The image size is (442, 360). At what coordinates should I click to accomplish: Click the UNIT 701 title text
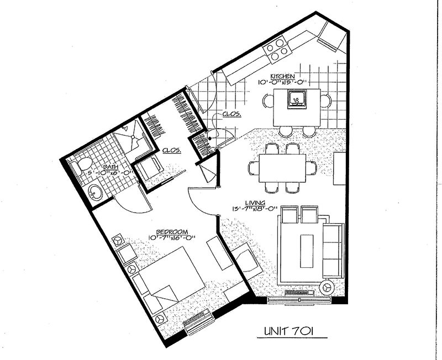288,331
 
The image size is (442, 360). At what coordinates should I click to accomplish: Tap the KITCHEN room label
282,76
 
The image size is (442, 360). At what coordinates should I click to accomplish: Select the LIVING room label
255,203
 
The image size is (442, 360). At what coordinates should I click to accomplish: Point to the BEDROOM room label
172,232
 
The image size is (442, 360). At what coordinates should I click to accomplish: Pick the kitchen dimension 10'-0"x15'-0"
282,82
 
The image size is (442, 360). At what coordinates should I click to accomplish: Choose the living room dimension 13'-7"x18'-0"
254,209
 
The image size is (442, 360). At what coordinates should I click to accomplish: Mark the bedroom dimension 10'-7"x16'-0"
172,238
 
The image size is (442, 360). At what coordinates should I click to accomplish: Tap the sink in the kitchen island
297,99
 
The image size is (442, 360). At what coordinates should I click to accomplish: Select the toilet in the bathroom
81,166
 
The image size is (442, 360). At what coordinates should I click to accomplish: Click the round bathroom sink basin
94,193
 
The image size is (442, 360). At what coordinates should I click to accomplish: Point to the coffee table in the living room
307,251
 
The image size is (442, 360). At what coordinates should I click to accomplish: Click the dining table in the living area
282,168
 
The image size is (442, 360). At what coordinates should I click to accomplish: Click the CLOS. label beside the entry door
231,114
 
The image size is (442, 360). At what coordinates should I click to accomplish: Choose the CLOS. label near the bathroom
172,150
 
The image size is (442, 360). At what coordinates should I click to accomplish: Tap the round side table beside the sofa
327,288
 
